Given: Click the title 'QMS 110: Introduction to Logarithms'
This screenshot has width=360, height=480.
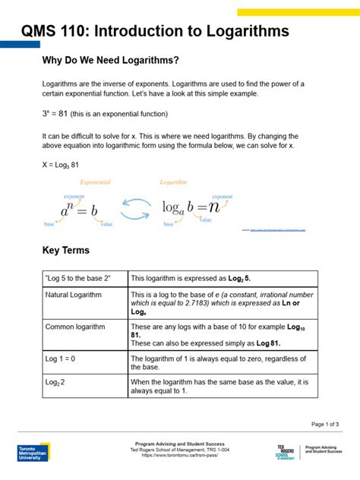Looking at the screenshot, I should click(x=155, y=31).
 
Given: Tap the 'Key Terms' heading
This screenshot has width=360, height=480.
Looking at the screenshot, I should click(x=65, y=250).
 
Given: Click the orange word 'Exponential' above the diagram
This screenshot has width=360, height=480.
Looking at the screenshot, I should click(x=95, y=182).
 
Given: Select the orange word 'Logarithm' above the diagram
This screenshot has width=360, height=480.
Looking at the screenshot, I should click(x=173, y=182).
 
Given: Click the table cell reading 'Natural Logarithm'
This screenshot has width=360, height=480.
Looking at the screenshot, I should click(x=69, y=293).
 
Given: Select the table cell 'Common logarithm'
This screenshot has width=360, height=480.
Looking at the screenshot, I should click(x=71, y=327).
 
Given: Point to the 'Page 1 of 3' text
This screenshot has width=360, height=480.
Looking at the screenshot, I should click(x=325, y=424).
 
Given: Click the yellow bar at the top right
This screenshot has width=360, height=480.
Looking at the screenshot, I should click(x=298, y=12).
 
